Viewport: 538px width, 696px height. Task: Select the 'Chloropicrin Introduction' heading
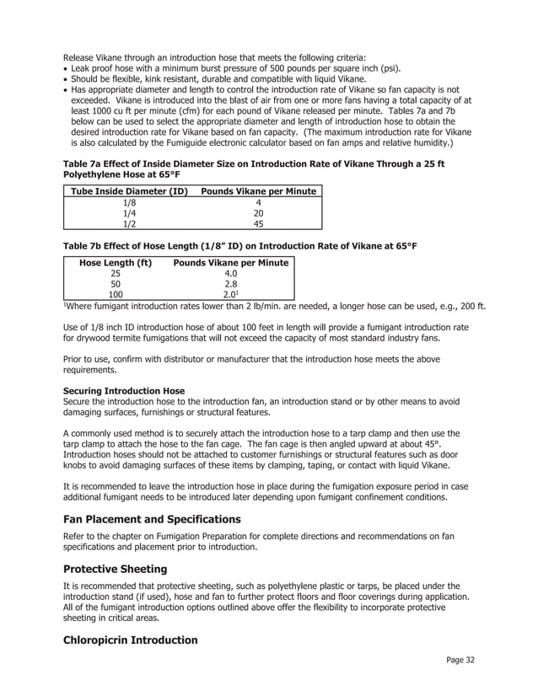tap(130, 640)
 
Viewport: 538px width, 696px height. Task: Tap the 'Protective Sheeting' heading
tap(116, 569)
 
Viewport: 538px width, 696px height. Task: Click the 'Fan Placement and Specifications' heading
tap(152, 519)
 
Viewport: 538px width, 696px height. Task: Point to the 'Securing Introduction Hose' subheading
tap(123, 391)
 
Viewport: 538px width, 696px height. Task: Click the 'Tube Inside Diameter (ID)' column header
tap(129, 191)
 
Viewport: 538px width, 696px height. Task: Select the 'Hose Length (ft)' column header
tap(116, 263)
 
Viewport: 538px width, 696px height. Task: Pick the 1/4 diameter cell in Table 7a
tap(129, 213)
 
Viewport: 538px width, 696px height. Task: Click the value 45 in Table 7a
tap(258, 224)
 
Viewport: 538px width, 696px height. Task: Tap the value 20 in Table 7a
tap(258, 213)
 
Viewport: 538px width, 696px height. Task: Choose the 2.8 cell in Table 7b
tap(230, 285)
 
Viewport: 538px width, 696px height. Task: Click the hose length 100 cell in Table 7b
tap(116, 296)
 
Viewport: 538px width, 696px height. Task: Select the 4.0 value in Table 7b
tap(230, 274)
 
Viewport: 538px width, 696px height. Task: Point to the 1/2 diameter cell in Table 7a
tap(129, 224)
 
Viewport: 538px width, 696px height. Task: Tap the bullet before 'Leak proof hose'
tap(66, 67)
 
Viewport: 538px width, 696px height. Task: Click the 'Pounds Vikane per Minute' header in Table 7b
tap(230, 263)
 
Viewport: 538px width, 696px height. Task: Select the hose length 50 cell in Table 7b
tap(116, 285)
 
